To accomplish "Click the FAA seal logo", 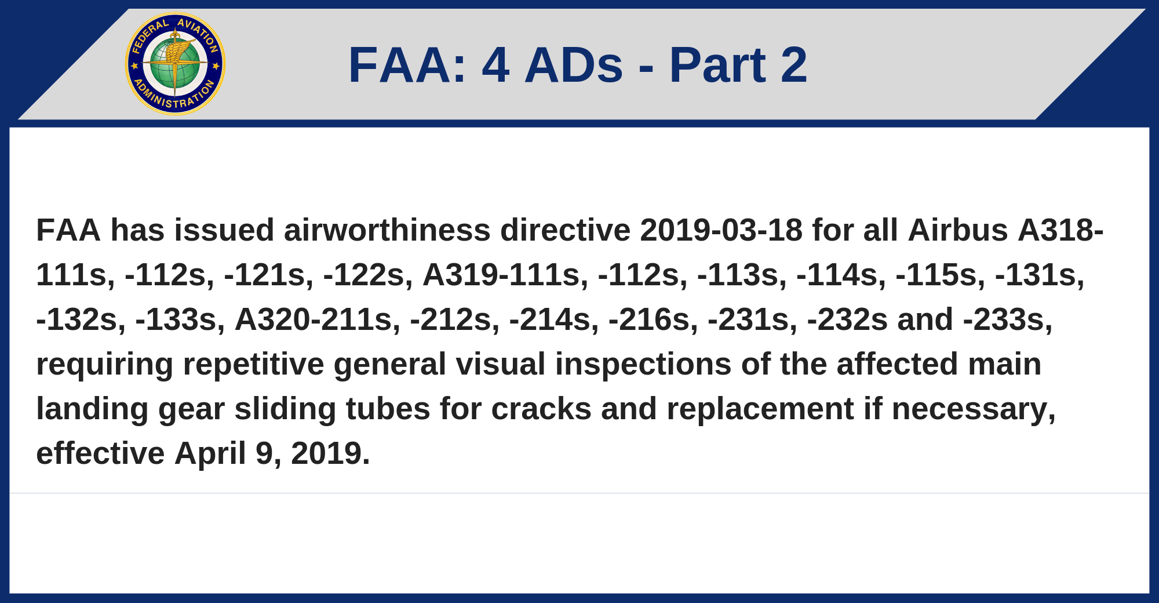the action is pyautogui.click(x=175, y=64).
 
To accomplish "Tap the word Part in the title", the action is pyautogui.click(x=717, y=65).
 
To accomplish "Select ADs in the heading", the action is pyautogui.click(x=574, y=65).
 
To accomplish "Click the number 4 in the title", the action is pyautogui.click(x=496, y=65).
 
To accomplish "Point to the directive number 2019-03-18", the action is pyautogui.click(x=721, y=230).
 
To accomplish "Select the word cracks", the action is pyautogui.click(x=541, y=409).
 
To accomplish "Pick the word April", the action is pyautogui.click(x=210, y=453).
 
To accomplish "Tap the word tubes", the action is pyautogui.click(x=388, y=409).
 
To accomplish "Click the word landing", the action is pyautogui.click(x=93, y=409).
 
